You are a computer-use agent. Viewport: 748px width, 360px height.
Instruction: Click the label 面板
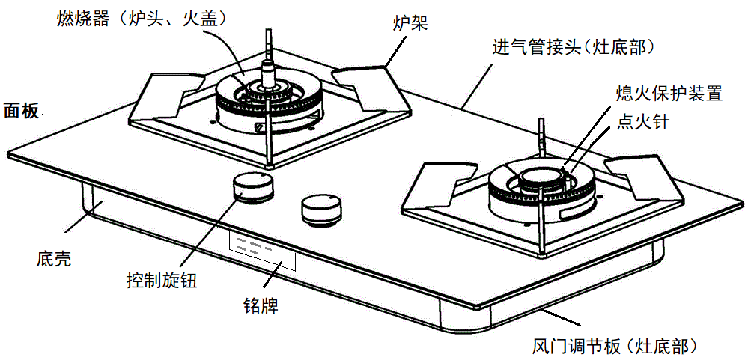pyautogui.click(x=22, y=109)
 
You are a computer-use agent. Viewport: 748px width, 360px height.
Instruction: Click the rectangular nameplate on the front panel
pyautogui.click(x=261, y=249)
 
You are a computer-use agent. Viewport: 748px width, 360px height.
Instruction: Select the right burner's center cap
pyautogui.click(x=538, y=178)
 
